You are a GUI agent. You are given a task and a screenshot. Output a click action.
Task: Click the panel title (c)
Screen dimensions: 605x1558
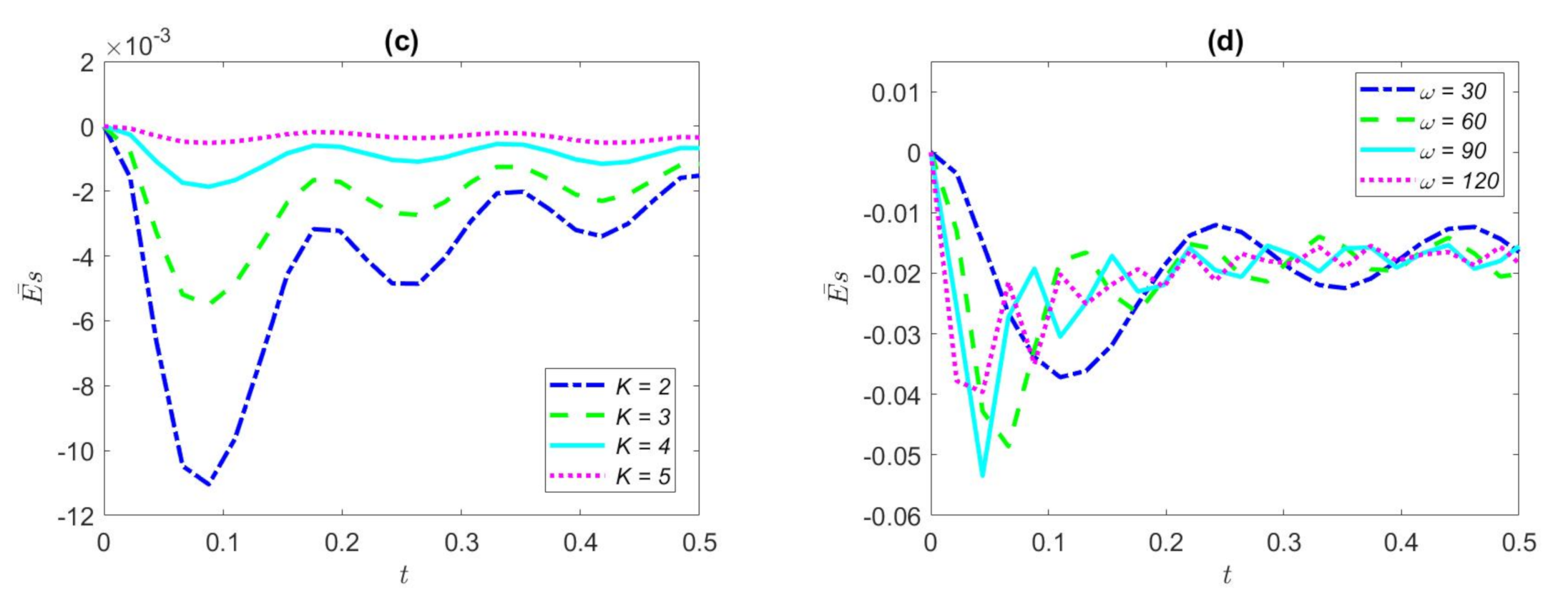pyautogui.click(x=401, y=42)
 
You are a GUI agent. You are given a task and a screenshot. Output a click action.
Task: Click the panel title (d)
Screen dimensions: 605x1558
pyautogui.click(x=1225, y=42)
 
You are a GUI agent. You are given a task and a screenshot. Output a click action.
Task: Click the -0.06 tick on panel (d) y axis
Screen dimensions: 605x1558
pyautogui.click(x=892, y=516)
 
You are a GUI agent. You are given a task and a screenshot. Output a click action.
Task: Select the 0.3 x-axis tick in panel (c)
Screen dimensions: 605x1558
pyautogui.click(x=461, y=543)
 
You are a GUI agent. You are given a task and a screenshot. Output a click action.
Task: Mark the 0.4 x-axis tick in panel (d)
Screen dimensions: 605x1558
pyautogui.click(x=1401, y=543)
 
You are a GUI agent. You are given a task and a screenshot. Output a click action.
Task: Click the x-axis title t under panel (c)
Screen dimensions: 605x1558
pyautogui.click(x=403, y=574)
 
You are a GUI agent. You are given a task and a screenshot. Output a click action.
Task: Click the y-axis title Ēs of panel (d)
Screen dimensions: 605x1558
pyautogui.click(x=838, y=287)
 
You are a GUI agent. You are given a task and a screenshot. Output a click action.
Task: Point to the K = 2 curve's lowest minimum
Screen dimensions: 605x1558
pyautogui.click(x=208, y=484)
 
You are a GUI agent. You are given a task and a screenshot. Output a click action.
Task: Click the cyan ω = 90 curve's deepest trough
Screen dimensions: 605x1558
pyautogui.click(x=982, y=475)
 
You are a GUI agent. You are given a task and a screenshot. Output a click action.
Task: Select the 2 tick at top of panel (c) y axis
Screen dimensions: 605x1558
pyautogui.click(x=87, y=63)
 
